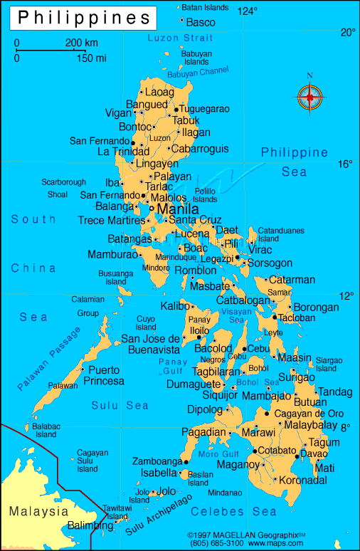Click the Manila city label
(x=177, y=209)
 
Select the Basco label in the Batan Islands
(x=200, y=22)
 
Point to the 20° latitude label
(x=347, y=32)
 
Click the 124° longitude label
(x=248, y=11)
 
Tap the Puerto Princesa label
(x=103, y=375)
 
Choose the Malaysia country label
(x=38, y=511)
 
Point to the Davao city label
(x=314, y=453)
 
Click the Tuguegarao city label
(x=204, y=109)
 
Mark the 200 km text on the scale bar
(x=81, y=43)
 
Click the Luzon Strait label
(x=180, y=37)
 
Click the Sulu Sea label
(x=120, y=405)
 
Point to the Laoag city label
(x=159, y=92)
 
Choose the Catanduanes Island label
(x=280, y=234)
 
